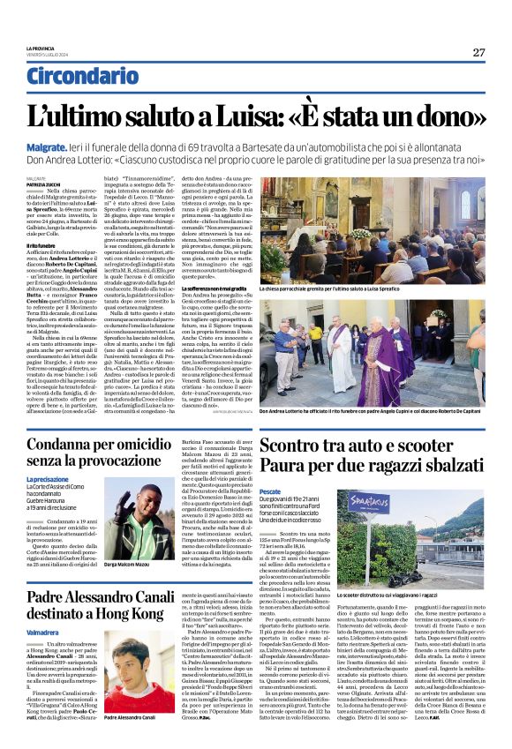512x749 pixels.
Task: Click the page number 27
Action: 478,52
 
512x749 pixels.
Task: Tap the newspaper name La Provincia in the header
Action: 39,48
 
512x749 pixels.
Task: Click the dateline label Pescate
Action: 271,491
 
